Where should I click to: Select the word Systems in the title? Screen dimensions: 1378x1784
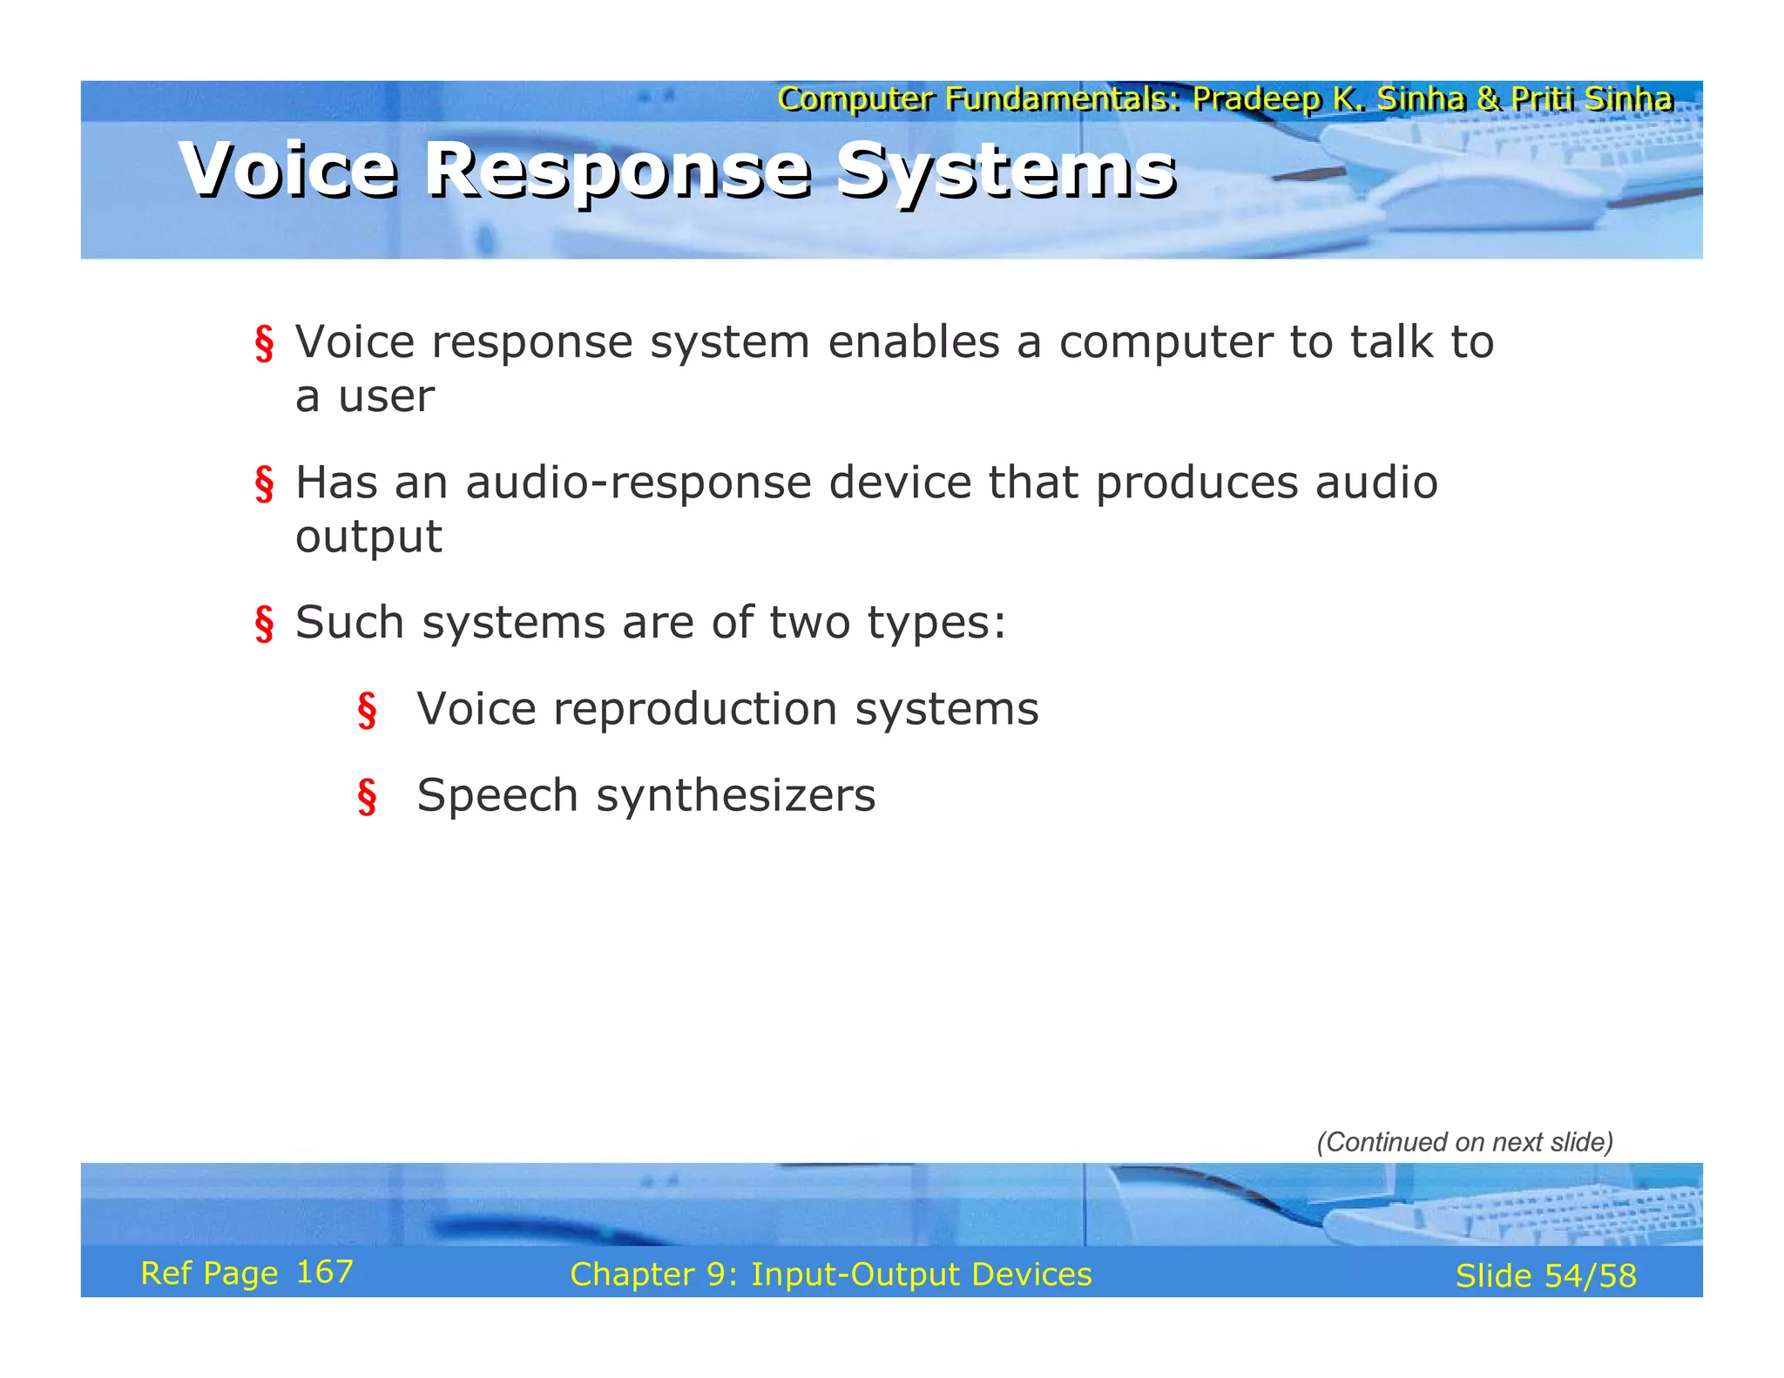1005,171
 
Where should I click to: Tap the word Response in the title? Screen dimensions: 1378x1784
617,171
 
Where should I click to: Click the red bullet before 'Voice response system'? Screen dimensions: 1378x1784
264,343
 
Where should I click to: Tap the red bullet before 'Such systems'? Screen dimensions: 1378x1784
264,624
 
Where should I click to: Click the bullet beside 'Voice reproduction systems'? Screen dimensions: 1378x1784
367,710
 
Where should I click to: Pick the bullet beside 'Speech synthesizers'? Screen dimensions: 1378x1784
367,796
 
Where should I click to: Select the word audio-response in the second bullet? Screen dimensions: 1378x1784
639,483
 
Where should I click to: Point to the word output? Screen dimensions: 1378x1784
368,537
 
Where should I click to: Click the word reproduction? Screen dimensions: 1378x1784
694,708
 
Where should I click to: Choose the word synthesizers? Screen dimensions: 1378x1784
735,795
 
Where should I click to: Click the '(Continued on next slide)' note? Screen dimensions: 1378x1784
1464,1142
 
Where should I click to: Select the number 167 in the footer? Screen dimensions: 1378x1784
324,1272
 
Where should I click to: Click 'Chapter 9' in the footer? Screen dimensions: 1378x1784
653,1274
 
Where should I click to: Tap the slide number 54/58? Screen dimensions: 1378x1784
1590,1276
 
